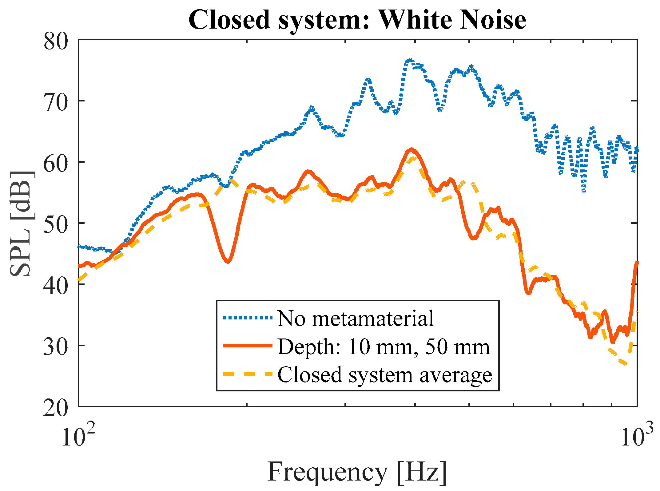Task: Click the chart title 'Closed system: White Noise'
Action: (357, 20)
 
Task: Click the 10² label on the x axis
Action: (78, 436)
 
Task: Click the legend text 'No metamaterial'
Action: (355, 318)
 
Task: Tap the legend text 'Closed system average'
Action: (385, 374)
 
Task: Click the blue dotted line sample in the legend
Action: (248, 318)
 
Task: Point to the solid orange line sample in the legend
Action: (248, 346)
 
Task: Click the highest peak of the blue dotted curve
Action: (409, 60)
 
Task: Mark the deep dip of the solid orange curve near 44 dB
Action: (228, 261)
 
